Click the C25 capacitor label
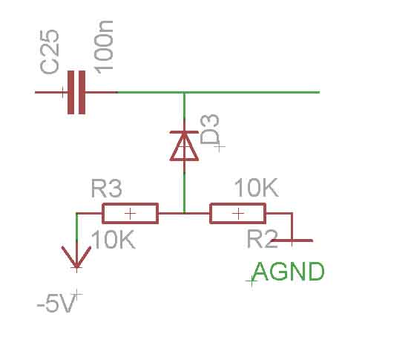(x=50, y=52)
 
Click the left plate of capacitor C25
(x=70, y=92)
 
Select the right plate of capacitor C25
(x=82, y=92)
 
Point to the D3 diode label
(x=209, y=129)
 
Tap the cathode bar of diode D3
(x=184, y=132)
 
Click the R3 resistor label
(x=106, y=189)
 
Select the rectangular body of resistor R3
(x=131, y=214)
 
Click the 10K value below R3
(x=114, y=240)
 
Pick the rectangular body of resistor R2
(x=238, y=214)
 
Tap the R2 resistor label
(x=263, y=239)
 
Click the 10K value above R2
(x=257, y=188)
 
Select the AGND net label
(x=289, y=272)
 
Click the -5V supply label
(x=56, y=304)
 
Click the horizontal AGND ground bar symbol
(x=292, y=240)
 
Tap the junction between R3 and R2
(x=184, y=214)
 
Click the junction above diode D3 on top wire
(x=184, y=92)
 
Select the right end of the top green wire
(x=319, y=92)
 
